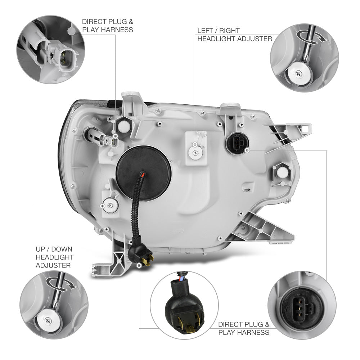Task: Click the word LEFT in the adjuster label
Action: click(x=205, y=31)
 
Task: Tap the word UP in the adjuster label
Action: click(x=40, y=249)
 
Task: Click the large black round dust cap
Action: click(x=144, y=173)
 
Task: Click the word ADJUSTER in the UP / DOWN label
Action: click(x=53, y=265)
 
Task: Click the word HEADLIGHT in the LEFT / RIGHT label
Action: click(x=216, y=39)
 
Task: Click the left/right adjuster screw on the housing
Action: click(x=195, y=152)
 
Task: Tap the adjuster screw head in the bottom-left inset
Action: click(x=49, y=320)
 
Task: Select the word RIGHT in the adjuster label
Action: click(x=229, y=31)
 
